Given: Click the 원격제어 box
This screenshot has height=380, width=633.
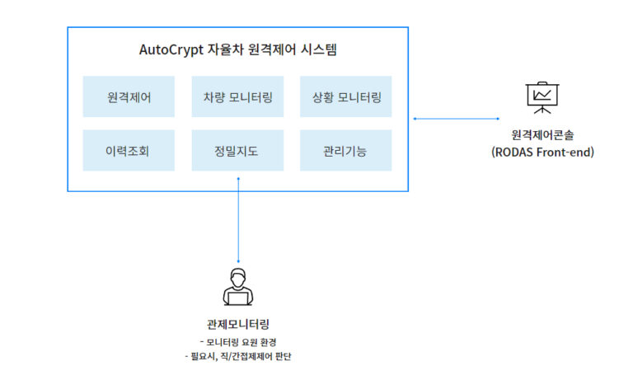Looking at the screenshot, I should tap(129, 97).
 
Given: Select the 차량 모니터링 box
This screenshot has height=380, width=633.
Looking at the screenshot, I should tap(237, 97).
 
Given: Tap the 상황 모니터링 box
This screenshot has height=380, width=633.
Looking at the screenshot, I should tap(345, 97).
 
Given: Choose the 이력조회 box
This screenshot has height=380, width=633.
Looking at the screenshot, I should tap(129, 151).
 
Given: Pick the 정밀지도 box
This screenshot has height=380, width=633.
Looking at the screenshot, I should tap(237, 151).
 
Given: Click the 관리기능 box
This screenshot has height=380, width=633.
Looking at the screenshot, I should tap(345, 151).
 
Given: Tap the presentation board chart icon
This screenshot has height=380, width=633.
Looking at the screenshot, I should tap(542, 97).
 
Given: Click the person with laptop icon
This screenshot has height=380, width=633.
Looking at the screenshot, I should tap(238, 287).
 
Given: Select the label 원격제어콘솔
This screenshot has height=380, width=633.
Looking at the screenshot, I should tap(542, 135).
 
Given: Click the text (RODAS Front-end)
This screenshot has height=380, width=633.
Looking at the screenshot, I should tap(542, 152).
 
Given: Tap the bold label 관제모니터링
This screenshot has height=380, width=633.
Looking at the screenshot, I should tap(238, 324).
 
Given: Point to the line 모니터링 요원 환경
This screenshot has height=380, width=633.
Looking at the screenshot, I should tap(238, 341).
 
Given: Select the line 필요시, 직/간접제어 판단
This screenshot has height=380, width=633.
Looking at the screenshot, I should tap(238, 357).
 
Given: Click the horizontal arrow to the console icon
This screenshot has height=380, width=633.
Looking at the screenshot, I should tap(456, 119).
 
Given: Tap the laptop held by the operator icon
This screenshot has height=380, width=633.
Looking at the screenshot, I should tap(238, 298).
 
